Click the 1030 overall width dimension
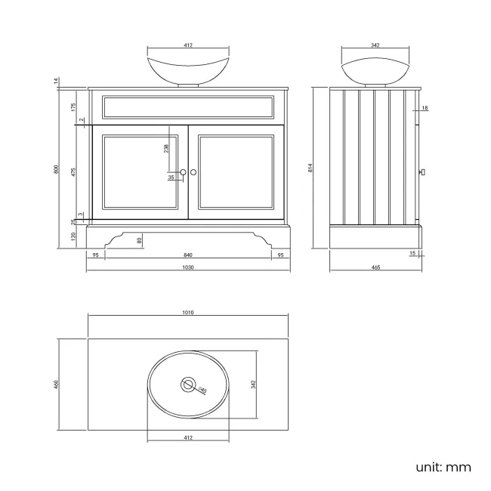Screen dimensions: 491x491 [188, 267]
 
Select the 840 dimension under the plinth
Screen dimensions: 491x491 [188, 255]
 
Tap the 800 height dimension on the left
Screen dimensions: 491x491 [56, 169]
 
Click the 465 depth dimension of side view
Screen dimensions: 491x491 [375, 267]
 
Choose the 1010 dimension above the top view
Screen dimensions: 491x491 [188, 312]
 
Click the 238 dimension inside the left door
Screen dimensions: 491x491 [165, 148]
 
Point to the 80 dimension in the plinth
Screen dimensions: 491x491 [139, 240]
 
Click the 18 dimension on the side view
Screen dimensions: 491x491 [425, 109]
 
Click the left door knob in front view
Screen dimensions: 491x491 [183, 173]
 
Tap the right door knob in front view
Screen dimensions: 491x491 [194, 173]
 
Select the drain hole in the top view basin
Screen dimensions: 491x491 [188, 384]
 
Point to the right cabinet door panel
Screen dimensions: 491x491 [236, 172]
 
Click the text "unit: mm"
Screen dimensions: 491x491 [443, 467]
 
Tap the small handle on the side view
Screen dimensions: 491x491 [422, 173]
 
